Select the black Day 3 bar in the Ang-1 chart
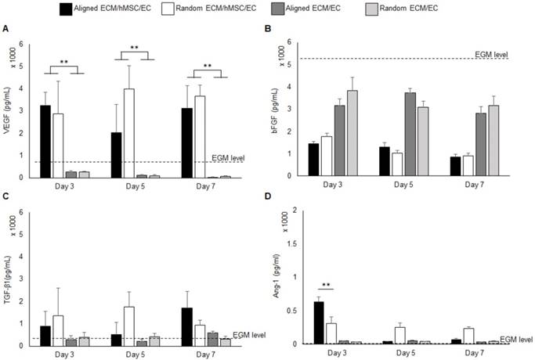[x=320, y=322]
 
